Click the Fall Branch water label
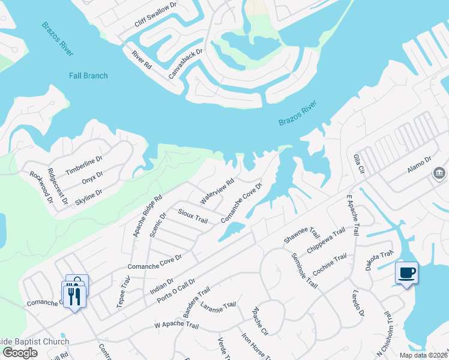(88, 76)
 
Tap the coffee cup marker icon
(406, 272)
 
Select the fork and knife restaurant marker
(75, 296)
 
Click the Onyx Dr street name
(93, 178)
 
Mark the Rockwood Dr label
(41, 186)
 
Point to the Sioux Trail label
(193, 216)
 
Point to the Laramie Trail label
(218, 308)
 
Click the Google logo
(20, 352)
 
